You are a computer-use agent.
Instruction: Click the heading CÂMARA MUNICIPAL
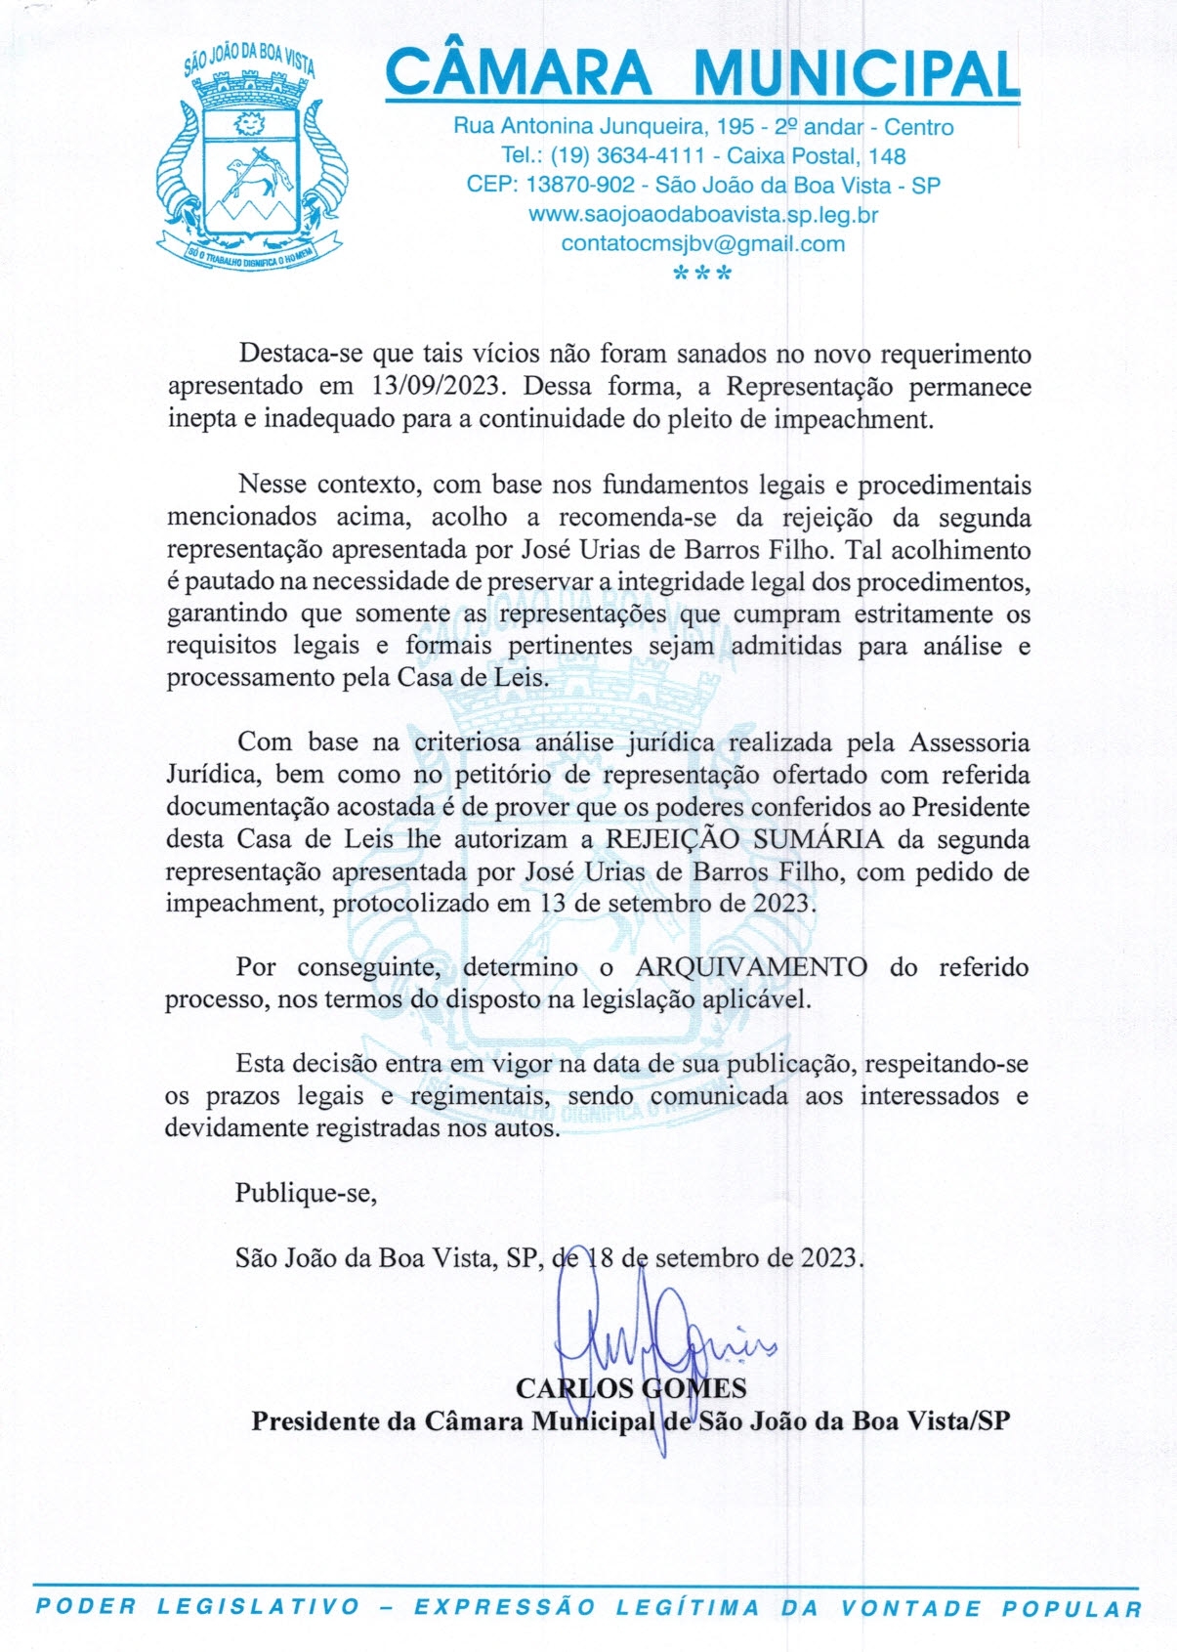click(702, 73)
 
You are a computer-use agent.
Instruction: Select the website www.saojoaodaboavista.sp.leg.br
click(702, 215)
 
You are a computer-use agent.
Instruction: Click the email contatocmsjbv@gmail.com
click(702, 244)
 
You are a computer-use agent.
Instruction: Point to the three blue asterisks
click(702, 275)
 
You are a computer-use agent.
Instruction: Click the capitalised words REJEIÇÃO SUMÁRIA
click(744, 839)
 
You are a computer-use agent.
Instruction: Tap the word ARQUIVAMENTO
click(751, 967)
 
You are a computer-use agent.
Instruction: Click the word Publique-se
click(306, 1193)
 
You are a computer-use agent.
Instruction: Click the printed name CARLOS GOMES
click(630, 1388)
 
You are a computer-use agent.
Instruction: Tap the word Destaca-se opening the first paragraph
click(300, 354)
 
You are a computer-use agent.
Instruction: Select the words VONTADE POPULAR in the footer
click(990, 1608)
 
